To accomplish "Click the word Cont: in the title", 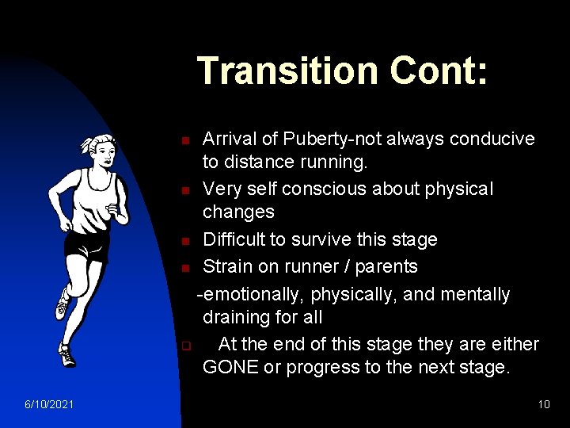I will [x=439, y=71].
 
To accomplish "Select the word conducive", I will [x=492, y=139].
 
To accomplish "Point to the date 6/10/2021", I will [x=49, y=405].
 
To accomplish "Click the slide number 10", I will [x=543, y=405].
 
